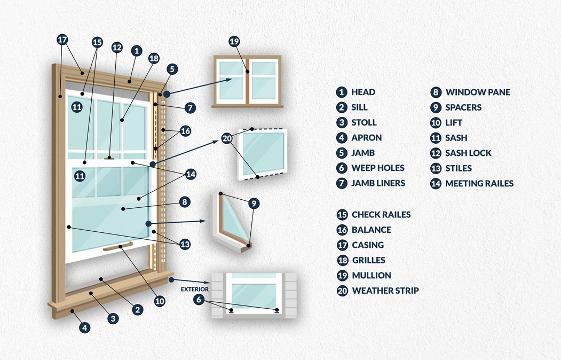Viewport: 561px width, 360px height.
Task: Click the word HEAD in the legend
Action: (363, 92)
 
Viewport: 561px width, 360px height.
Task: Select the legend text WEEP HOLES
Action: (377, 168)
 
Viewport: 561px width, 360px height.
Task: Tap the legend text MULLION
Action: (372, 275)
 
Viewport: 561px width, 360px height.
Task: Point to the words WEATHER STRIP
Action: (385, 291)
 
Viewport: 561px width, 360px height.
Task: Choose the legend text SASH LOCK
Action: (468, 153)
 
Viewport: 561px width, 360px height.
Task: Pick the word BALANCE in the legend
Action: (372, 230)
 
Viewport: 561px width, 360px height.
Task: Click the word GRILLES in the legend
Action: (368, 260)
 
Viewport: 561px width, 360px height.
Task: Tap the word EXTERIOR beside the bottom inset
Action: (194, 289)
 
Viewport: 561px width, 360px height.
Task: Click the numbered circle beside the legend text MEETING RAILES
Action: (436, 183)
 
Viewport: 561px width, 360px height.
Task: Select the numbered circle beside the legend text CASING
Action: (342, 245)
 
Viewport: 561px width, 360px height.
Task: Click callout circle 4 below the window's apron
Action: (85, 327)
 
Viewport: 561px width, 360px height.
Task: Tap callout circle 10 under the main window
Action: (160, 301)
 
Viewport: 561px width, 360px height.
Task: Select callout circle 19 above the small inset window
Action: (234, 41)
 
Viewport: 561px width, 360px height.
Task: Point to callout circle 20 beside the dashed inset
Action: (227, 138)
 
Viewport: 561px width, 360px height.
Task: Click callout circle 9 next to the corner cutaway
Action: (254, 203)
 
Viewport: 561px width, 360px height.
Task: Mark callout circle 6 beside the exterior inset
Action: (199, 300)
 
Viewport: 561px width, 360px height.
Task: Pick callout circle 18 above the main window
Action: (154, 59)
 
